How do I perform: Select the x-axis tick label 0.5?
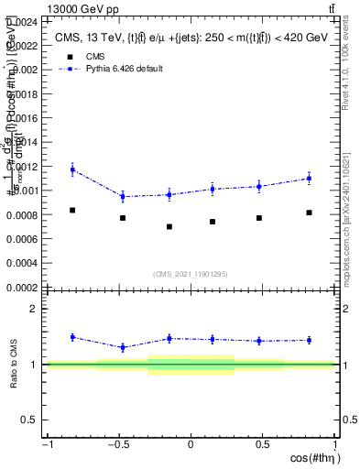click(x=264, y=445)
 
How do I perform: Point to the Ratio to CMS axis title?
click(x=12, y=365)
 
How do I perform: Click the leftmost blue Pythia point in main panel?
click(x=72, y=169)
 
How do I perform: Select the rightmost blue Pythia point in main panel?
click(x=309, y=178)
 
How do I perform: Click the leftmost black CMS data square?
click(x=72, y=211)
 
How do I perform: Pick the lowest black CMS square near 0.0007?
click(x=169, y=226)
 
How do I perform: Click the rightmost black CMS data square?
click(x=309, y=213)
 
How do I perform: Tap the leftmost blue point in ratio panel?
click(x=72, y=337)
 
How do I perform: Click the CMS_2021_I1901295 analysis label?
click(x=191, y=274)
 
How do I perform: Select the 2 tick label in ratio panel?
click(x=34, y=309)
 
